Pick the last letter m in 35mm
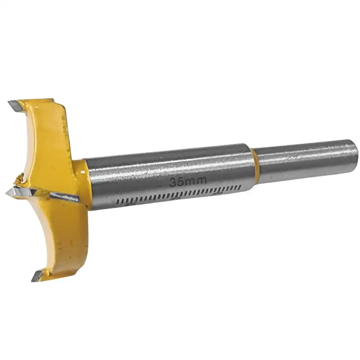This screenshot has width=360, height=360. click(x=201, y=180)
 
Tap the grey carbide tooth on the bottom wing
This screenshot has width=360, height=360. click(x=37, y=276)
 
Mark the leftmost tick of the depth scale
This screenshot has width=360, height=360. click(x=118, y=202)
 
